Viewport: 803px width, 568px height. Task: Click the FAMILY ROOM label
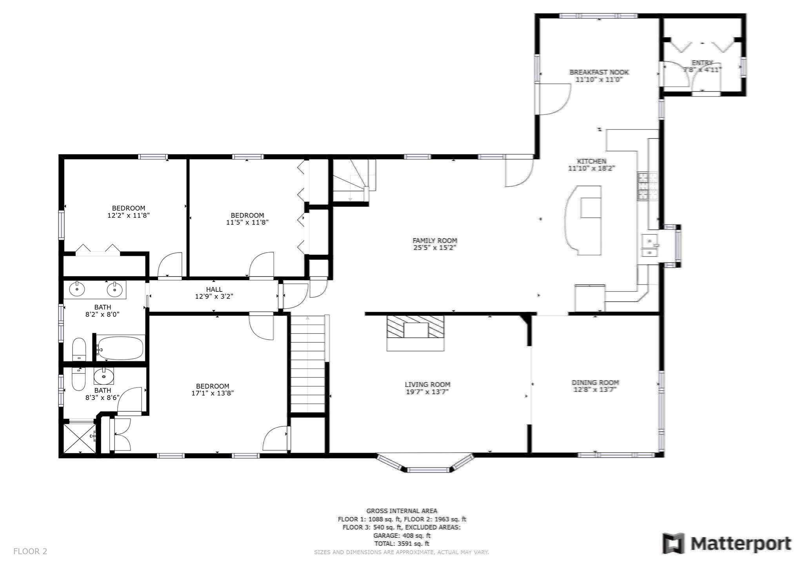(434, 240)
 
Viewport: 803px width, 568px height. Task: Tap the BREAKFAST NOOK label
(599, 72)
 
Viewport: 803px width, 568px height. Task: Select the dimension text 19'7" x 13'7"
(427, 392)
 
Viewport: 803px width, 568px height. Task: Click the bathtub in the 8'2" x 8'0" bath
(120, 348)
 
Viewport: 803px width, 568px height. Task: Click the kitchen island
(584, 220)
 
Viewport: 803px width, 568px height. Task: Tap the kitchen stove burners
(647, 186)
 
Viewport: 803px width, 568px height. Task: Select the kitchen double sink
(650, 246)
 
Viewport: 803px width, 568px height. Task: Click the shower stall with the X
(80, 438)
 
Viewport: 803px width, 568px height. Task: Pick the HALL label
(214, 289)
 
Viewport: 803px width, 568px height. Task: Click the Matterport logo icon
(673, 543)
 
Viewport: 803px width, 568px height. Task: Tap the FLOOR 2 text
(30, 551)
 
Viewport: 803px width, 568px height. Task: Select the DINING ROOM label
(595, 382)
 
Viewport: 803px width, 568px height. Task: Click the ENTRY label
(702, 63)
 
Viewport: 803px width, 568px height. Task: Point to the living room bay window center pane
(427, 470)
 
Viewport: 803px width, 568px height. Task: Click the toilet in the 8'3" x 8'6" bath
(79, 379)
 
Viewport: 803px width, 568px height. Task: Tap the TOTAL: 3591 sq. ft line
(401, 544)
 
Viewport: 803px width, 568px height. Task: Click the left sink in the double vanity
(77, 290)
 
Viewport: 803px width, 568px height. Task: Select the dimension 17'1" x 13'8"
(213, 393)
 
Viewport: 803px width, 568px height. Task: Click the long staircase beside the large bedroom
(308, 365)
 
